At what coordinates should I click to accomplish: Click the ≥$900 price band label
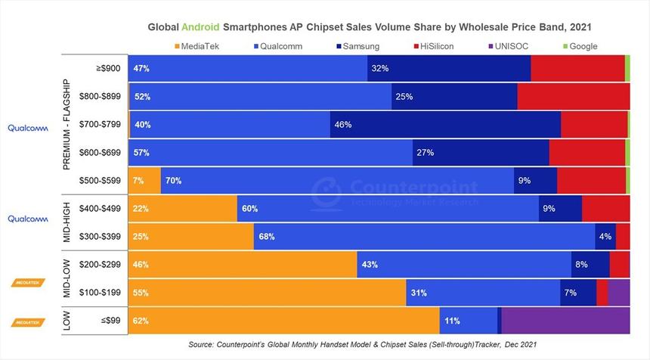(x=107, y=68)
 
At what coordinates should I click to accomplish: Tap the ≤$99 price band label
(x=110, y=321)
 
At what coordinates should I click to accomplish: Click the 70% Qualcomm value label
(x=174, y=181)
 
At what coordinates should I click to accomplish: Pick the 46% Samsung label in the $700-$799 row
(x=343, y=124)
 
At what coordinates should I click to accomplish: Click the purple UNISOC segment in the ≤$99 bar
(x=565, y=321)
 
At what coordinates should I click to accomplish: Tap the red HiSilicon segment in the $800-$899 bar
(x=573, y=97)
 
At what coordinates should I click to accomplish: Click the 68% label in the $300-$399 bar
(x=266, y=237)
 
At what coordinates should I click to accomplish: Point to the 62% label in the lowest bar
(x=141, y=321)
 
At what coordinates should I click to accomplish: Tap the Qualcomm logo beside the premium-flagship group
(x=28, y=128)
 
